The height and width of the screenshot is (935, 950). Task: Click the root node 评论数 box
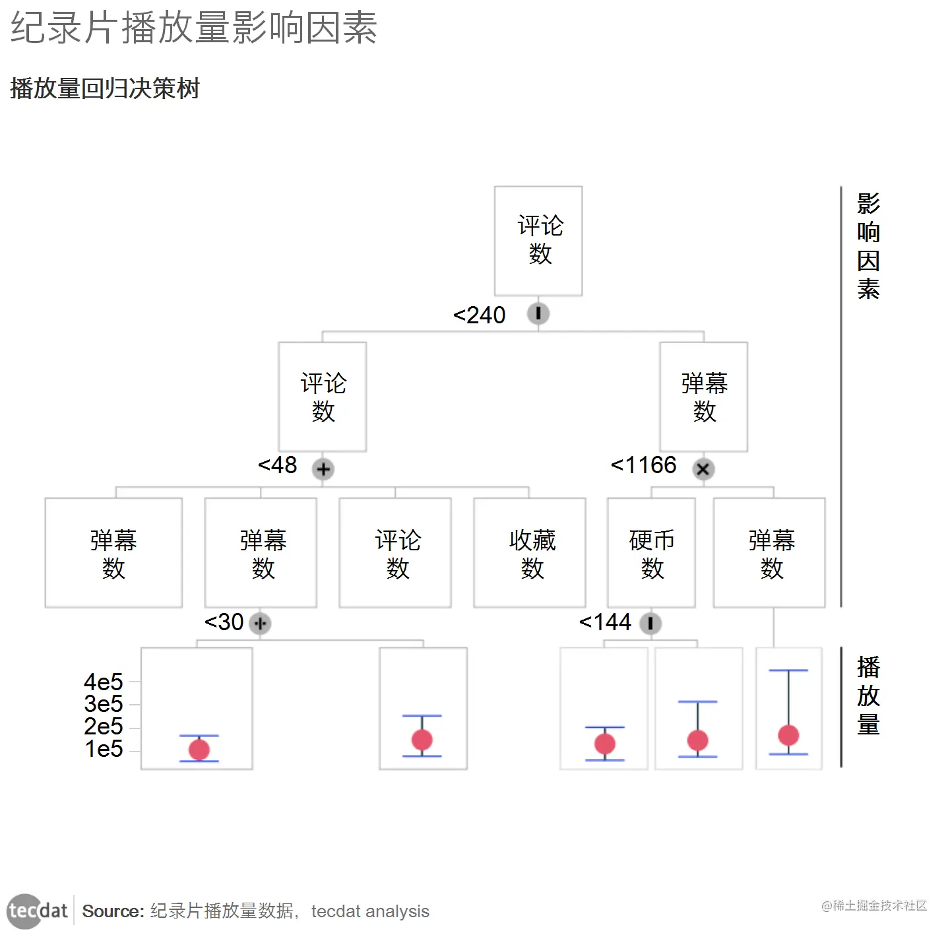pyautogui.click(x=538, y=241)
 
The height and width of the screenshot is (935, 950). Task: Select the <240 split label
pyautogui.click(x=480, y=315)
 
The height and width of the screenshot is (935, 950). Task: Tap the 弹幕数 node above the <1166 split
pyautogui.click(x=704, y=397)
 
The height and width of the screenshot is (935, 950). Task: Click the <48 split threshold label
pyautogui.click(x=278, y=465)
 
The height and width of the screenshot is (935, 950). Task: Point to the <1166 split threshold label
pyautogui.click(x=644, y=465)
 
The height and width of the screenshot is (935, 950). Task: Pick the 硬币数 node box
pyautogui.click(x=651, y=553)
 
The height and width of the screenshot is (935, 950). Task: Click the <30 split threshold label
pyautogui.click(x=224, y=622)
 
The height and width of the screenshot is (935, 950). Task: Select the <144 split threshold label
pyautogui.click(x=605, y=622)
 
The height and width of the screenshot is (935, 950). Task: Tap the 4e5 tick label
pyautogui.click(x=104, y=682)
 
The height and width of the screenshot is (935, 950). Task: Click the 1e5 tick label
pyautogui.click(x=104, y=749)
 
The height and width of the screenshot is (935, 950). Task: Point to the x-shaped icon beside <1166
pyautogui.click(x=703, y=469)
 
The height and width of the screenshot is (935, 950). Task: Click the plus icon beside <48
pyautogui.click(x=323, y=469)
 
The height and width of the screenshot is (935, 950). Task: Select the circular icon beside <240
pyautogui.click(x=538, y=313)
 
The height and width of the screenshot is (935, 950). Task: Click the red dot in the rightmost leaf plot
pyautogui.click(x=788, y=735)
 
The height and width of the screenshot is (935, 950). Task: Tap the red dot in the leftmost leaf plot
pyautogui.click(x=199, y=750)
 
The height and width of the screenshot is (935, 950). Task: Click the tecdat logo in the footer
pyautogui.click(x=38, y=911)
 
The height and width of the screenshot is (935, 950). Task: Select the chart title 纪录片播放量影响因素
pyautogui.click(x=194, y=28)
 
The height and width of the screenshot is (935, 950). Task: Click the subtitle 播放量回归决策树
pyautogui.click(x=105, y=88)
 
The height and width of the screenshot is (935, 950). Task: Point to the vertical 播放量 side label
pyautogui.click(x=868, y=695)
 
